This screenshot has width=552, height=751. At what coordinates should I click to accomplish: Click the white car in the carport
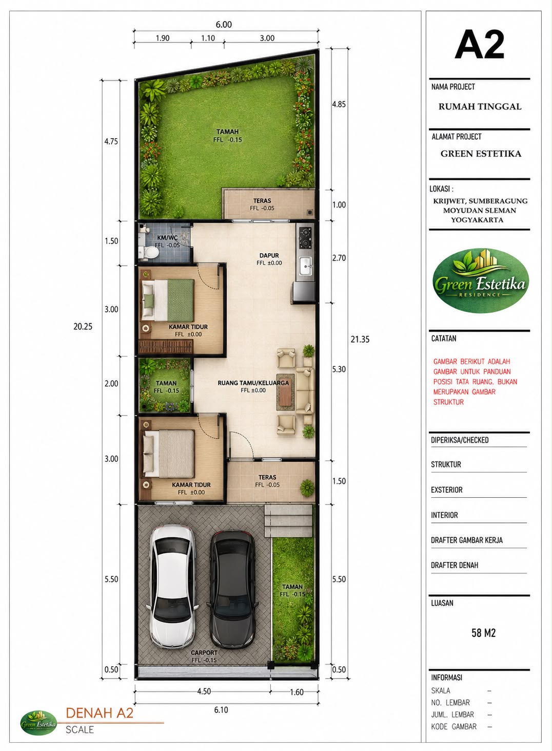tap(172, 587)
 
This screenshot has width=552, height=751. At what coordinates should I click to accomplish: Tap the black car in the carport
tap(232, 589)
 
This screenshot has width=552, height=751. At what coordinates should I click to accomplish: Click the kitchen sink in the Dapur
tap(306, 266)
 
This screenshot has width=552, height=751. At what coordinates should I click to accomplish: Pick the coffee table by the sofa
tap(285, 392)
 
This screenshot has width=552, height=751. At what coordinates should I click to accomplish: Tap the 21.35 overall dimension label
tap(360, 340)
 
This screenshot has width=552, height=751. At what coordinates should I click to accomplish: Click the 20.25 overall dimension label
tap(83, 326)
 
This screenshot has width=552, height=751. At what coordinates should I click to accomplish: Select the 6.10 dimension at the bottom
tap(221, 709)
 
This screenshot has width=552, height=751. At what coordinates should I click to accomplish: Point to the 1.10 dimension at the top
tap(208, 38)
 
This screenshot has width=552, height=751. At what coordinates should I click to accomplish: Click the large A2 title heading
tap(479, 45)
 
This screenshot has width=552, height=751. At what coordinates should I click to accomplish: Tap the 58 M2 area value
tap(483, 633)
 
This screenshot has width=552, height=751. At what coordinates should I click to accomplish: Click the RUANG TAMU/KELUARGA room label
tap(253, 383)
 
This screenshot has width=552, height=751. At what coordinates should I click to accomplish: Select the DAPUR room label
tap(269, 255)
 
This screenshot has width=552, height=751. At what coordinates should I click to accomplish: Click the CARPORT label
tap(204, 653)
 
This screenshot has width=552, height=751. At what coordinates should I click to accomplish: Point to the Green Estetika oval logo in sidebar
tap(480, 280)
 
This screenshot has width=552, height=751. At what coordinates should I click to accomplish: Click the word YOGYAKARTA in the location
tap(477, 220)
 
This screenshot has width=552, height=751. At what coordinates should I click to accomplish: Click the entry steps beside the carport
tap(288, 521)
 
